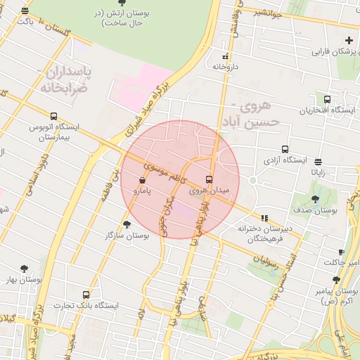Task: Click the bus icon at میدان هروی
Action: pos(209,179)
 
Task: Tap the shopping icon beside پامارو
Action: pos(143,179)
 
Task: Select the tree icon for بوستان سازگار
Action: pos(127,224)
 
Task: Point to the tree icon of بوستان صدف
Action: pos(315,199)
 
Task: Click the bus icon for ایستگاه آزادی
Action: pos(285,149)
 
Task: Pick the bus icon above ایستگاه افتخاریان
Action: pos(327,99)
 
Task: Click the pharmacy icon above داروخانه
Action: pos(225,56)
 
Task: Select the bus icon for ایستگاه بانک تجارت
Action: pos(86,295)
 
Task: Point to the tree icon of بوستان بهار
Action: pos(25,269)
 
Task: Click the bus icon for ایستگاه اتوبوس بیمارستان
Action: pos(54,116)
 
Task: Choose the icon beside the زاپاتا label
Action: pos(319,162)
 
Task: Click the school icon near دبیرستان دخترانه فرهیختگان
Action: pos(264,218)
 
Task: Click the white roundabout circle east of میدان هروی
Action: pos(252,180)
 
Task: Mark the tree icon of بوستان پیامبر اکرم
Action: pos(336,280)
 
